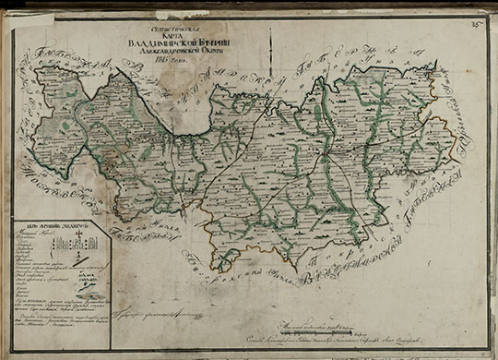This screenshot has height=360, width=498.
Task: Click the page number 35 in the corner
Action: [477, 11]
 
